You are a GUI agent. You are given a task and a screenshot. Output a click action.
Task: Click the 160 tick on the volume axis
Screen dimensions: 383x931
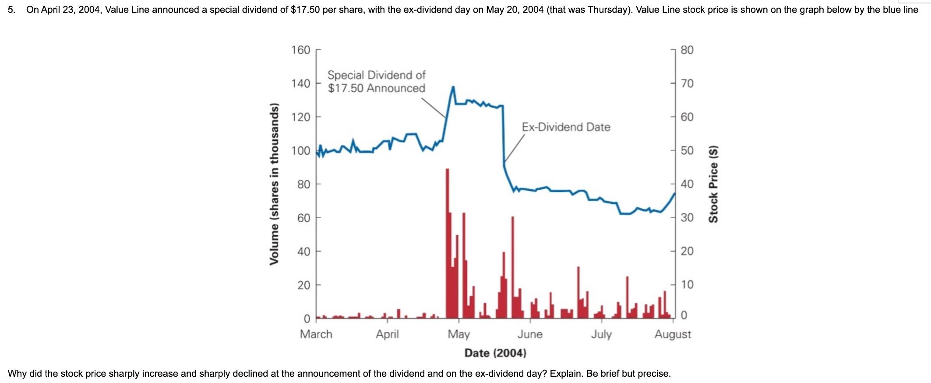coord(301,50)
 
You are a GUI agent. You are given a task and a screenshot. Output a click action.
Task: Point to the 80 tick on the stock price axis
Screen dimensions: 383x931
coord(687,50)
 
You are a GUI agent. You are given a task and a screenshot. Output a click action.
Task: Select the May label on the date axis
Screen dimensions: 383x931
coord(458,334)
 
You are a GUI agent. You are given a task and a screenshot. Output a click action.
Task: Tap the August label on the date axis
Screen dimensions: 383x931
coord(673,334)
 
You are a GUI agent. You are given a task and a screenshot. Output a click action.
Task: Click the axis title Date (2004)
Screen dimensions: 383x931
coord(495,353)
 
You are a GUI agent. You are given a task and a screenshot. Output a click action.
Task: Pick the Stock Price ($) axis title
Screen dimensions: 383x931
coord(713,184)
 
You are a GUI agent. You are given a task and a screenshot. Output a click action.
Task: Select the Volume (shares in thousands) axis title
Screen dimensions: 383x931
coord(274,184)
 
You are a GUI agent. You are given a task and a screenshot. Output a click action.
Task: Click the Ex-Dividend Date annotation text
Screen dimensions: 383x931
coord(566,127)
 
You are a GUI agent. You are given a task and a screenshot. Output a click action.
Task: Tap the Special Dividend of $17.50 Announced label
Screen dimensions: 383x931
coord(377,82)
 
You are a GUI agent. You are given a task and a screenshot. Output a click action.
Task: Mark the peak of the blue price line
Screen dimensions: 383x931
coord(453,87)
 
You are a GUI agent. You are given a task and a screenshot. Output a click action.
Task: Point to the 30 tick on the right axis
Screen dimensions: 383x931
coord(687,218)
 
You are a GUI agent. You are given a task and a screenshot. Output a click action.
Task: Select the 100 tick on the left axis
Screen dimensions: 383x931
coord(301,151)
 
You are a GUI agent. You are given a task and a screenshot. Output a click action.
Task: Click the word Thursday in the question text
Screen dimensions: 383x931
coord(610,10)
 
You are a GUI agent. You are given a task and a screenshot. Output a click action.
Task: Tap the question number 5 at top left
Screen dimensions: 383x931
coord(11,10)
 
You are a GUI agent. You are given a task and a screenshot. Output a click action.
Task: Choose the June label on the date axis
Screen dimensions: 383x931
coord(530,334)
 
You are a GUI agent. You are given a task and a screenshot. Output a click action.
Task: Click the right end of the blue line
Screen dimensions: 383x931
coord(674,193)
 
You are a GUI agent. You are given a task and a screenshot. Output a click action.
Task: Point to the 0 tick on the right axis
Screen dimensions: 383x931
coord(684,316)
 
